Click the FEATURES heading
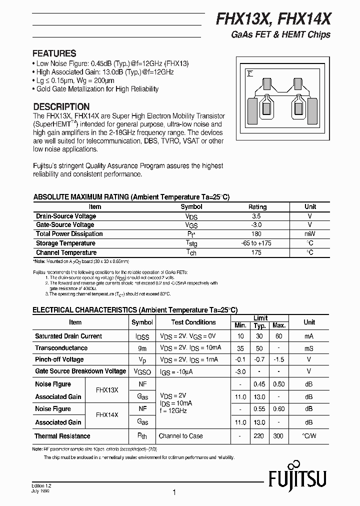pyautogui.click(x=54, y=53)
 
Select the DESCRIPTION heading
pyautogui.click(x=61, y=106)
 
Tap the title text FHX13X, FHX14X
pyautogui.click(x=272, y=19)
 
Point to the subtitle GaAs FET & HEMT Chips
pyautogui.click(x=280, y=35)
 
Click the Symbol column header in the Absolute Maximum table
pyautogui.click(x=191, y=206)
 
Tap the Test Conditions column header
pyautogui.click(x=193, y=322)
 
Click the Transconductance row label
pyautogui.click(x=61, y=348)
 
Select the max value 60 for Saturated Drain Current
pyautogui.click(x=279, y=336)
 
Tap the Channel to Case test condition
pyautogui.click(x=180, y=436)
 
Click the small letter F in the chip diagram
pyautogui.click(x=250, y=74)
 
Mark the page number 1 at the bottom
pyautogui.click(x=174, y=492)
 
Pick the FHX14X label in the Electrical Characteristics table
pyautogui.click(x=106, y=415)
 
